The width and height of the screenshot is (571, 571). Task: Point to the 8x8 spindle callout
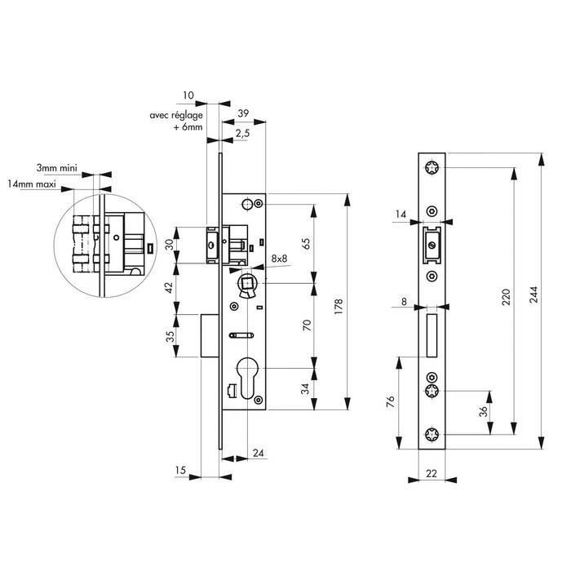(x=279, y=259)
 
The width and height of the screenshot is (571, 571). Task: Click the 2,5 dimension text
(x=242, y=133)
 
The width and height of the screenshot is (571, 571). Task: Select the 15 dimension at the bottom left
(x=181, y=470)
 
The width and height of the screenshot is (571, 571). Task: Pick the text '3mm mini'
(x=57, y=166)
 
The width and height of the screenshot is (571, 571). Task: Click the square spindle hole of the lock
(x=246, y=283)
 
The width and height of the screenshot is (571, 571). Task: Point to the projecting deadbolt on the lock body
(x=211, y=336)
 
